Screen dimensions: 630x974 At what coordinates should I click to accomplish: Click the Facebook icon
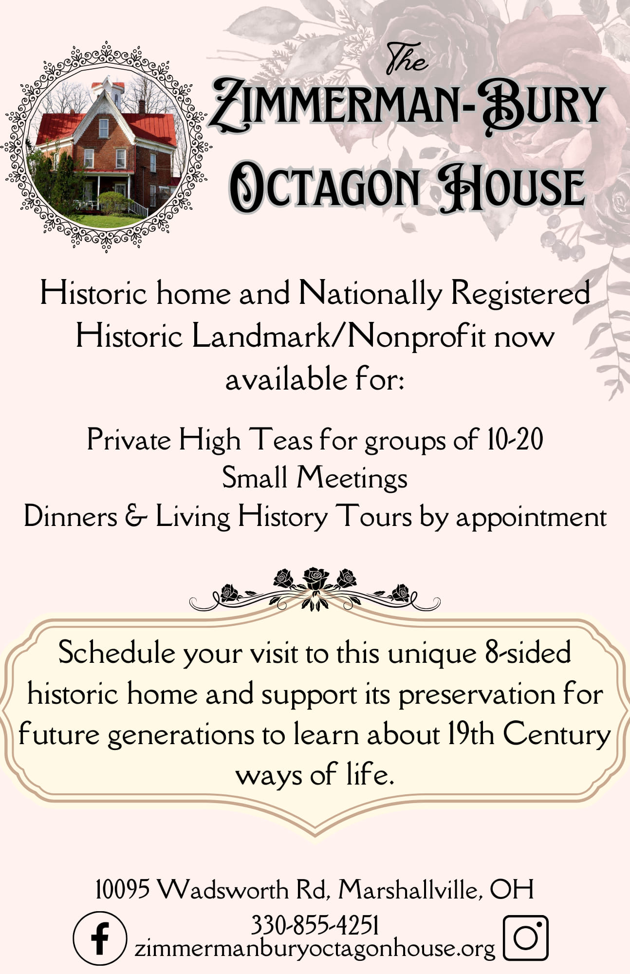tap(100, 938)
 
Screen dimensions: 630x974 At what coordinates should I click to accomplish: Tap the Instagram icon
tap(525, 937)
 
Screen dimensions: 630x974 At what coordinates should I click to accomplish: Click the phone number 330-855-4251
tap(315, 925)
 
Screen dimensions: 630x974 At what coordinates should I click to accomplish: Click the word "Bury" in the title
tap(544, 106)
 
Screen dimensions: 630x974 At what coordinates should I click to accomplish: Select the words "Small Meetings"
tap(315, 478)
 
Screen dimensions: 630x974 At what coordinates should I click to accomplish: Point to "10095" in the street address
tap(122, 890)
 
